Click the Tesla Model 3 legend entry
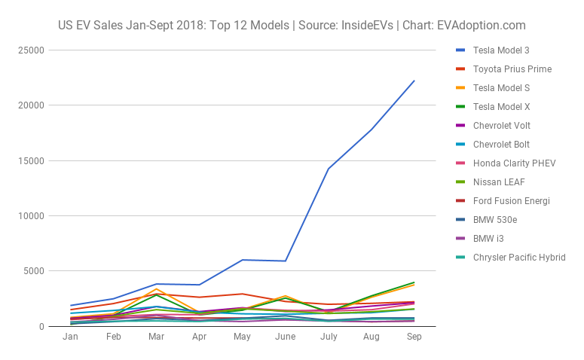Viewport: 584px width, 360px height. [x=501, y=50]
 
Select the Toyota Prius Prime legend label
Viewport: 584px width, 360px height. [x=512, y=69]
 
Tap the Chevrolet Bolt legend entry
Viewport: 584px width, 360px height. [x=501, y=145]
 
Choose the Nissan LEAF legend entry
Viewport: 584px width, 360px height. [x=497, y=182]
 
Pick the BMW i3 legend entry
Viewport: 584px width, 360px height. [x=488, y=239]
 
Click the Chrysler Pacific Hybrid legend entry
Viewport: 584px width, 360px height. [x=518, y=258]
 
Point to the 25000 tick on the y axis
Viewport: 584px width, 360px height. [x=32, y=50]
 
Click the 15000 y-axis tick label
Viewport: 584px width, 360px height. [x=32, y=160]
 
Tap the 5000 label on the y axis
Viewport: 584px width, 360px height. [x=35, y=271]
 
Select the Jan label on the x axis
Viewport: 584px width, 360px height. [x=70, y=337]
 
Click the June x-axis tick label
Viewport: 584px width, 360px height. [x=285, y=337]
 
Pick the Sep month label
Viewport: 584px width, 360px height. [x=414, y=337]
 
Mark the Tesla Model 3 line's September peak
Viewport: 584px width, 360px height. [x=414, y=81]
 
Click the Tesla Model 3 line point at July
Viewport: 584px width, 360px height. [x=328, y=169]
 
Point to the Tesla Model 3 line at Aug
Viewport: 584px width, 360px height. [x=371, y=130]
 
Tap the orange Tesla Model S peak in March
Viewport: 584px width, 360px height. [x=156, y=288]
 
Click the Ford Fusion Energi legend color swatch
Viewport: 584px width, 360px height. [x=460, y=201]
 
